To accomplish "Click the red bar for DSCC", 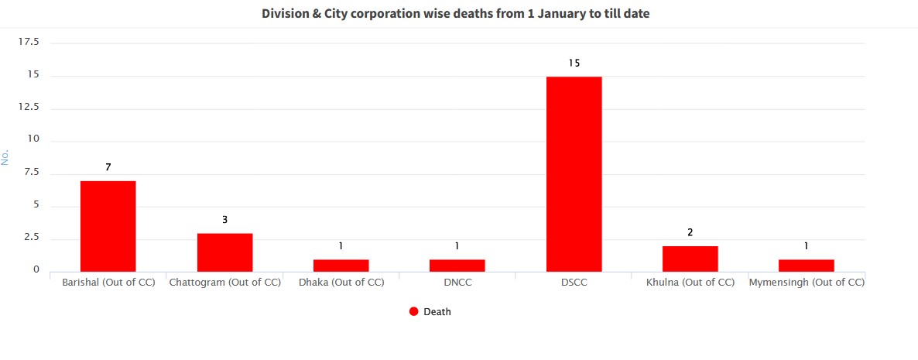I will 574,173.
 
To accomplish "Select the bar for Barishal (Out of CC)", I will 108,226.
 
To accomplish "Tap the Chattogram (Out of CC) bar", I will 224,252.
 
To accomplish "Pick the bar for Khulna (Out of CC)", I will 690,259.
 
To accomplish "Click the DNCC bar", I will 457,265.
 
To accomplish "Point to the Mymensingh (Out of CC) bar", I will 806,265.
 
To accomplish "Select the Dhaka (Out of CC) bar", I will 341,265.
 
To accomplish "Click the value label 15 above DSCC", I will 574,63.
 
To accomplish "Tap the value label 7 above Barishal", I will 108,167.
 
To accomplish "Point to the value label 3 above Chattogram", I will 224,220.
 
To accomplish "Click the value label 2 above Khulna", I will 690,232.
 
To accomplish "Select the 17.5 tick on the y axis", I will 29,42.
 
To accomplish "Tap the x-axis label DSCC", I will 574,283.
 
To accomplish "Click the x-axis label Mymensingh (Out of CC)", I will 806,283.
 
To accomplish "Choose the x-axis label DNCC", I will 457,283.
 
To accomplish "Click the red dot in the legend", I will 413,311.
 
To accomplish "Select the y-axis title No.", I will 5,156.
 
